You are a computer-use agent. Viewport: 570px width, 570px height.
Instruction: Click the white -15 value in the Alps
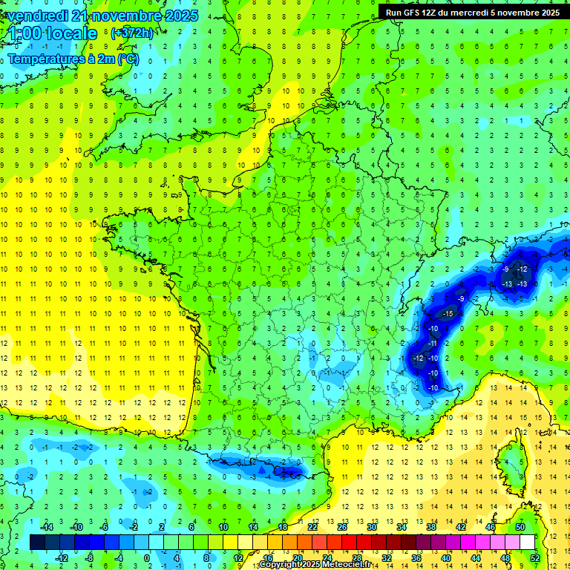448,314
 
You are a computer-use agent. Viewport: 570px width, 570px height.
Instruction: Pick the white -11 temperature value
433,343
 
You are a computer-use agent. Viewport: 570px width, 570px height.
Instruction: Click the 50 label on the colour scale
520,527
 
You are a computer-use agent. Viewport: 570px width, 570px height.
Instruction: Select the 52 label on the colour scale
534,558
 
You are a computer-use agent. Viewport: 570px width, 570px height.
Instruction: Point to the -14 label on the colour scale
46,527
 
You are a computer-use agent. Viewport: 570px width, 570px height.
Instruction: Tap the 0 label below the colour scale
147,558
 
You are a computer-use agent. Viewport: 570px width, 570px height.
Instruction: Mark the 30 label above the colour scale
372,527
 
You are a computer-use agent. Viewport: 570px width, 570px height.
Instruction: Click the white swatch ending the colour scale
527,543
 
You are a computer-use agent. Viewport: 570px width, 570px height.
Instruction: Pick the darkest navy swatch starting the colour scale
37,543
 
